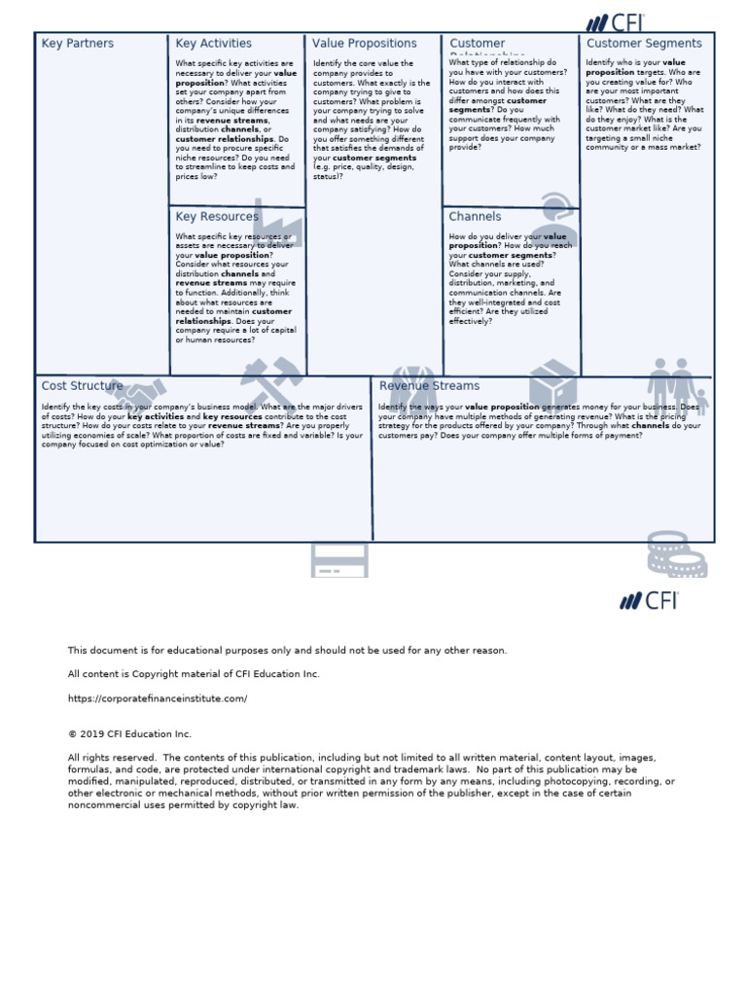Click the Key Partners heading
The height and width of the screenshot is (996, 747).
click(77, 44)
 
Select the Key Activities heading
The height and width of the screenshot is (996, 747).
click(213, 44)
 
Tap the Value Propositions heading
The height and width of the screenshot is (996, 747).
click(364, 44)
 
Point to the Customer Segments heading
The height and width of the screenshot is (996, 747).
click(643, 44)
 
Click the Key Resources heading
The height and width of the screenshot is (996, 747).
click(217, 217)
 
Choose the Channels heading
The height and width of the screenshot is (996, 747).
click(475, 217)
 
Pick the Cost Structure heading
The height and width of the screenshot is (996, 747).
click(82, 386)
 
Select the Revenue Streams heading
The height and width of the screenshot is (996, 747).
click(429, 386)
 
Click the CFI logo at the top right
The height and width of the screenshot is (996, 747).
click(615, 22)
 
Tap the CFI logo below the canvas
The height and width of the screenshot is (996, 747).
click(649, 600)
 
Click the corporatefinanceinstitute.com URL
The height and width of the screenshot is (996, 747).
click(158, 698)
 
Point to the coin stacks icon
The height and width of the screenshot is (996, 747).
click(676, 553)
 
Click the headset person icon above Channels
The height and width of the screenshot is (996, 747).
click(557, 220)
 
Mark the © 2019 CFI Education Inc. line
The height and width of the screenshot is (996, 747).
click(129, 734)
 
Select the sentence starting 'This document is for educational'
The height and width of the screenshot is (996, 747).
click(287, 650)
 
